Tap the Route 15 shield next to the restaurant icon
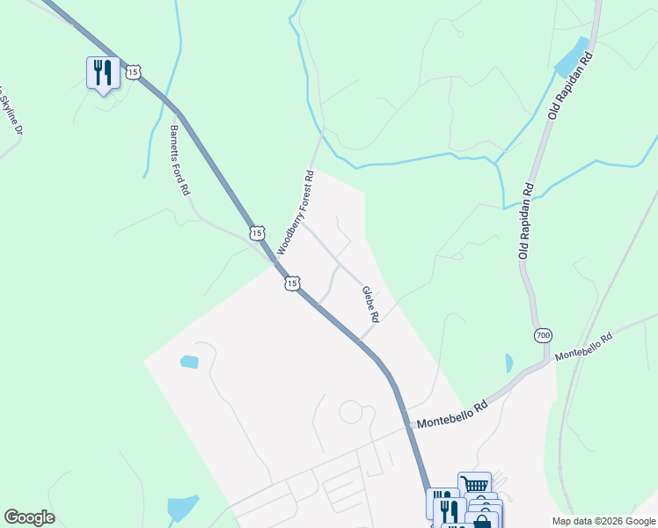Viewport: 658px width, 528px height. click(132, 72)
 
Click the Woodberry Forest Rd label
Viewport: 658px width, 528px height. click(296, 213)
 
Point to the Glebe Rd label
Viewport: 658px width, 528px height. click(370, 304)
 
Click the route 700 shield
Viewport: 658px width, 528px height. click(542, 335)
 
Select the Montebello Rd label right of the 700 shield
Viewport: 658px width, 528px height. click(582, 346)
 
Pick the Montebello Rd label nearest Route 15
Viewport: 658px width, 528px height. click(452, 414)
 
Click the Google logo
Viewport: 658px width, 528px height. click(29, 517)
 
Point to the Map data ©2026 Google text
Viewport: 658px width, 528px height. click(603, 521)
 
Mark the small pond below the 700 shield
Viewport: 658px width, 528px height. click(509, 363)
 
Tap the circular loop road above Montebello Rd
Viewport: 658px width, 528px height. click(351, 412)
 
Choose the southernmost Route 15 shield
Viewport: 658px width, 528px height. click(292, 283)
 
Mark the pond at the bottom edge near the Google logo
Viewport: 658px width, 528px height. click(183, 508)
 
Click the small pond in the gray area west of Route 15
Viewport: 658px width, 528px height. click(189, 362)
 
